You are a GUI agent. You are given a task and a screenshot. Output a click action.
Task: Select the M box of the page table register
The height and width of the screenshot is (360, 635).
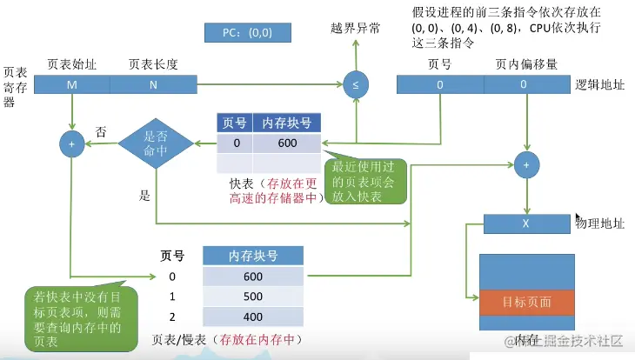tap(72, 84)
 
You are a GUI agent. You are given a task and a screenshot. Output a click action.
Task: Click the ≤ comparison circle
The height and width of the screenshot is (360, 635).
tap(355, 84)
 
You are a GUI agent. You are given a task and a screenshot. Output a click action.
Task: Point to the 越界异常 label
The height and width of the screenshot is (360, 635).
tap(357, 29)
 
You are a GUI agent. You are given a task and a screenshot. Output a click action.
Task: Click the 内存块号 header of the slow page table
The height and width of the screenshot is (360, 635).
tap(253, 255)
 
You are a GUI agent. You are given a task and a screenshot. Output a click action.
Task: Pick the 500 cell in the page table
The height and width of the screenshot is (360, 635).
tap(253, 297)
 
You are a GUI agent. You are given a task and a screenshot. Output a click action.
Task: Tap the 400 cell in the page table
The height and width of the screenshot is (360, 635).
tap(253, 317)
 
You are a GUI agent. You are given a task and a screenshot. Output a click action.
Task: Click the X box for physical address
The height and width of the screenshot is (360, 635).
tap(527, 223)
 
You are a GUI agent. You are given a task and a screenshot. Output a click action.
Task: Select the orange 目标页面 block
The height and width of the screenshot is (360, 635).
tap(527, 303)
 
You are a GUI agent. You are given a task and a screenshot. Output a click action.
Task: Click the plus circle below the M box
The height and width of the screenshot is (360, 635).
tap(71, 144)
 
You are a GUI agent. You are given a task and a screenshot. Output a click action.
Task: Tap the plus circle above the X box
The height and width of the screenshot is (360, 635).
tap(526, 164)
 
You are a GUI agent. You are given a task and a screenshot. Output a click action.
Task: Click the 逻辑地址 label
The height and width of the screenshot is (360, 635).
tap(599, 85)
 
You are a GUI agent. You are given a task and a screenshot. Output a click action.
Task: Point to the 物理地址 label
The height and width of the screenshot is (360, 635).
tap(600, 223)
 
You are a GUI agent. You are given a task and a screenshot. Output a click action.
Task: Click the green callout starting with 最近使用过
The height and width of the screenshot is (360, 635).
tap(364, 180)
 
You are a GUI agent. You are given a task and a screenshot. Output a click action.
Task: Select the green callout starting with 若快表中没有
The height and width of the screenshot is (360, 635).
tap(79, 320)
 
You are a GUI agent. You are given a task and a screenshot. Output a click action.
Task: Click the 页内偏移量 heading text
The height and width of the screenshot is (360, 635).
tap(526, 64)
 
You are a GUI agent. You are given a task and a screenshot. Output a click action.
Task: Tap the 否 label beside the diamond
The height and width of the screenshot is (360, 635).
tap(101, 132)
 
